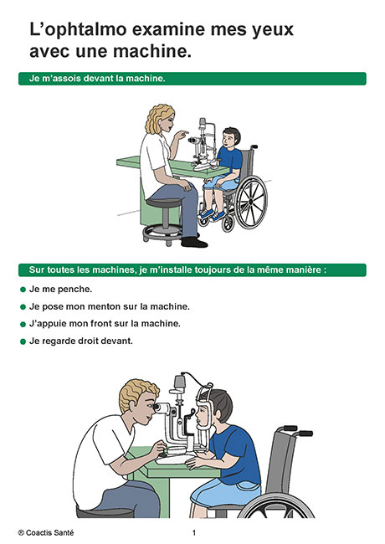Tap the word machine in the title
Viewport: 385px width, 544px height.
[x=151, y=51]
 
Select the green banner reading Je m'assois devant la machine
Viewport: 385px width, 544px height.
[x=192, y=79]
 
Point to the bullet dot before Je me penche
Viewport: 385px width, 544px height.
[x=23, y=290]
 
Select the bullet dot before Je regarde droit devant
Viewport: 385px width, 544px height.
[x=23, y=341]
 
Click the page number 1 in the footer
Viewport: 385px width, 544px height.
[x=194, y=532]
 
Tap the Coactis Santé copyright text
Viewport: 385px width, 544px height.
[x=46, y=532]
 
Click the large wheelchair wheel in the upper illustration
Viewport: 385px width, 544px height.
[x=251, y=203]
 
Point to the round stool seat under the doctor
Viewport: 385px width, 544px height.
[x=164, y=203]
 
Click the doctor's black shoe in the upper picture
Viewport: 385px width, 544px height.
[x=194, y=242]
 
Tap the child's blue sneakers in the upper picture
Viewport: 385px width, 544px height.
[x=212, y=214]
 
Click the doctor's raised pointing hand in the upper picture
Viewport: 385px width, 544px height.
[x=181, y=135]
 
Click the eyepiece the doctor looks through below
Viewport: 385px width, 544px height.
[x=162, y=408]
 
